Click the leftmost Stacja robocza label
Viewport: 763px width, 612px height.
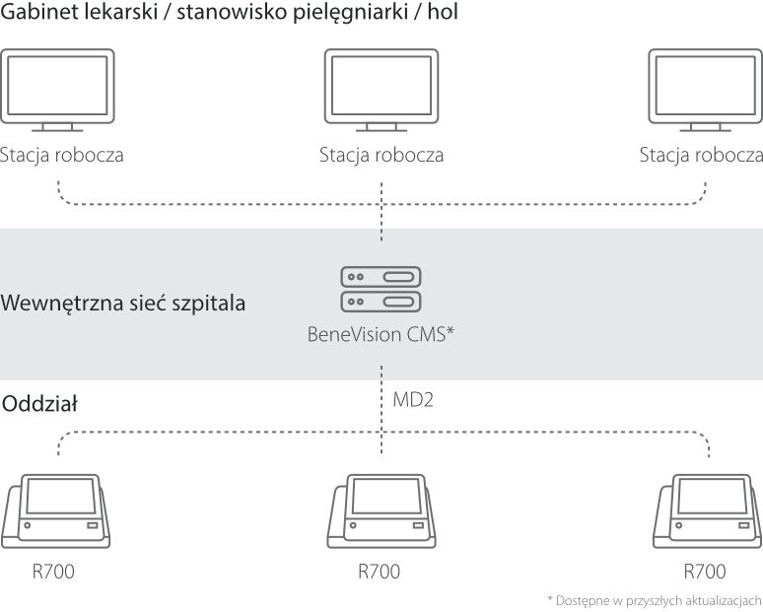62,155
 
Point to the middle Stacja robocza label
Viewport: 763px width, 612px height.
381,155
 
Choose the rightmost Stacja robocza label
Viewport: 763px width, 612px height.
701,155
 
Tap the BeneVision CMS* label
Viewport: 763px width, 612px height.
381,334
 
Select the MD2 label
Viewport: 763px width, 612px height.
412,401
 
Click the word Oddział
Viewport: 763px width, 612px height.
40,404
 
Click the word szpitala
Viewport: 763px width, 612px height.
210,303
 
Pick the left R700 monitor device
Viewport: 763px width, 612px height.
58,511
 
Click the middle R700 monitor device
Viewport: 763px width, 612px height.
381,511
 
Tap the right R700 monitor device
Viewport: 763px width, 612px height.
705,511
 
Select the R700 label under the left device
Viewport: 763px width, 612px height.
53,572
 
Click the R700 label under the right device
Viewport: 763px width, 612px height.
705,572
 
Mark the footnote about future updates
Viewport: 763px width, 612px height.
655,599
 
